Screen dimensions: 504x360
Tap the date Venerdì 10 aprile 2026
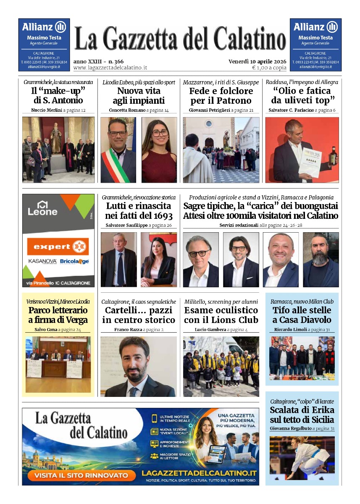pos(257,61)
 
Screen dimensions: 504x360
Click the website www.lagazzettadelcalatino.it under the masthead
pos(110,68)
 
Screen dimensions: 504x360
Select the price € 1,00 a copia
pos(269,68)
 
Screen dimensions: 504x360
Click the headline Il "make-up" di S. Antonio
pos(58,96)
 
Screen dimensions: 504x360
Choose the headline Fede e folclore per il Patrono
pos(221,96)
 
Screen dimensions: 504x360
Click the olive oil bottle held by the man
pos(333,156)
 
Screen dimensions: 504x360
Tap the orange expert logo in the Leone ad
pos(58,247)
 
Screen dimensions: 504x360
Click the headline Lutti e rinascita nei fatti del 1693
pos(139,211)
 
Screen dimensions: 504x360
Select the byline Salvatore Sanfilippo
pos(124,226)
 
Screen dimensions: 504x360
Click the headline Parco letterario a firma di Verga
pos(58,315)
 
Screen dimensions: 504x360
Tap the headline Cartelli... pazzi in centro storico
pos(139,315)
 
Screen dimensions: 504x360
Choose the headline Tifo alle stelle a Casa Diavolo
pos(302,315)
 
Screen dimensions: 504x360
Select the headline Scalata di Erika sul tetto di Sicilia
pos(302,415)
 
